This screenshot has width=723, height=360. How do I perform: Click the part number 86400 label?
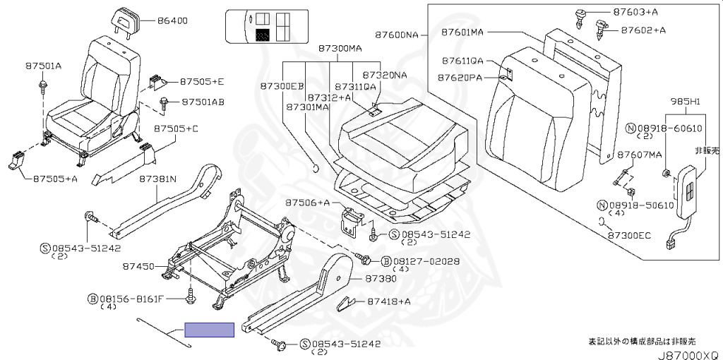pos(172,20)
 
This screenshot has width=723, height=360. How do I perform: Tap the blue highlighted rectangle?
pos(209,330)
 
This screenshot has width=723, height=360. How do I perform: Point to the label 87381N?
pos(157,179)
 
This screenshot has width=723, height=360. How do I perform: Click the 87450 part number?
pos(138,266)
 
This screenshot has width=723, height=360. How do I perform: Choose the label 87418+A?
pos(389,301)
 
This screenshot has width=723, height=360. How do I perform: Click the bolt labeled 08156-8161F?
pos(190,298)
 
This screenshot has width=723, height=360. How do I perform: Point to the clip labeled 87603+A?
pos(580,17)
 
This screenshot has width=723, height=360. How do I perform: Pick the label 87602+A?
pos(643,30)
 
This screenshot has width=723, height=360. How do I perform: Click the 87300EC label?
pos(629,236)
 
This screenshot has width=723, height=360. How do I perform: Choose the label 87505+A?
pos(55,179)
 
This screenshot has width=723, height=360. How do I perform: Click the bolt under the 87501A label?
pos(42,85)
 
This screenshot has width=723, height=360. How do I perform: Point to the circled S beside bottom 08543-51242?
pos(305,344)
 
